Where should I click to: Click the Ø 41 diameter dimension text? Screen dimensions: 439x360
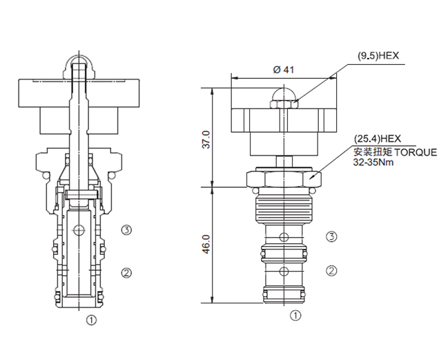(x=283, y=70)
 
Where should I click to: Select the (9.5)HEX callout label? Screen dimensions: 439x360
(x=378, y=56)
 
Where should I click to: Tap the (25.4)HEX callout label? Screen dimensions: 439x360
(x=378, y=139)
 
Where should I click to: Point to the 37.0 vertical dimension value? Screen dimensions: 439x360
(x=206, y=140)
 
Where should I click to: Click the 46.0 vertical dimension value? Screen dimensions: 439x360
(x=206, y=245)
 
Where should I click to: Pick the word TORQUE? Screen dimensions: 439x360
(x=416, y=152)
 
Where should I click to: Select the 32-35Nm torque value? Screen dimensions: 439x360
(x=373, y=162)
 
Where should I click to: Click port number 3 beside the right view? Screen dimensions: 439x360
(x=332, y=236)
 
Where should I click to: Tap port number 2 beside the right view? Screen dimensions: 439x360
(x=332, y=271)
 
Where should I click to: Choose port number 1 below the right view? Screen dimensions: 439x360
(x=295, y=315)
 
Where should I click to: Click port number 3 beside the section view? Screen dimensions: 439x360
(x=126, y=230)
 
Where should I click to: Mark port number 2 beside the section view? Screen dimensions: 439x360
(x=126, y=272)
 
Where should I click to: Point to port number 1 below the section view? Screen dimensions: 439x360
(x=91, y=320)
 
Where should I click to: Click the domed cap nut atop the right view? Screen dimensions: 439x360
(x=284, y=98)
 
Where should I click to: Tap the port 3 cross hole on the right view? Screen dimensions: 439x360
(x=284, y=237)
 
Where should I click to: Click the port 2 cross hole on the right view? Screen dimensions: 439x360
(x=284, y=271)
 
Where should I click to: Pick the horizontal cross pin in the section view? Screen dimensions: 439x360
(x=81, y=194)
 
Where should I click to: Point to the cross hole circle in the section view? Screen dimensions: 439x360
(x=79, y=230)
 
